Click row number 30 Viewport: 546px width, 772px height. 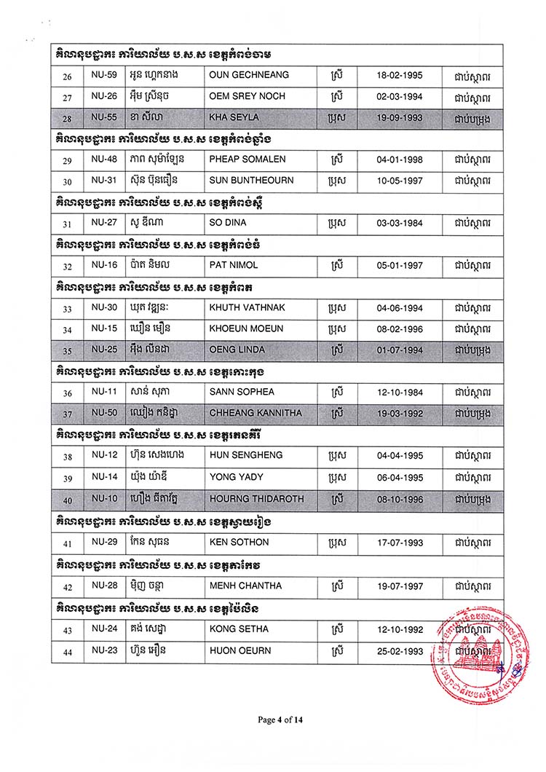click(x=68, y=181)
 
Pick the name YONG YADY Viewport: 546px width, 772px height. click(x=232, y=478)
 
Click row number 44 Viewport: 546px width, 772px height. click(x=68, y=650)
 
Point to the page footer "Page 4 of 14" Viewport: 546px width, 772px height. click(x=280, y=720)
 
